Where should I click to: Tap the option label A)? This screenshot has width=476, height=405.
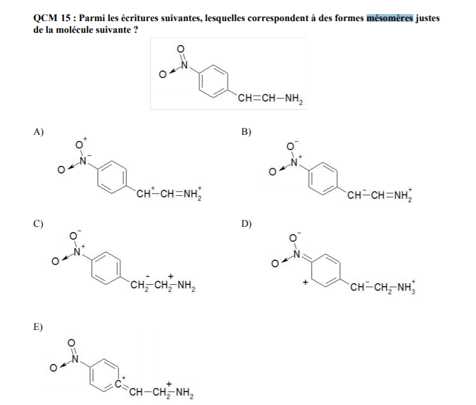[x=39, y=132]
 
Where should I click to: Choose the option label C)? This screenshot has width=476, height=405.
[x=39, y=223]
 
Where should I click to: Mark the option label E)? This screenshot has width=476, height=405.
[x=39, y=326]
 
